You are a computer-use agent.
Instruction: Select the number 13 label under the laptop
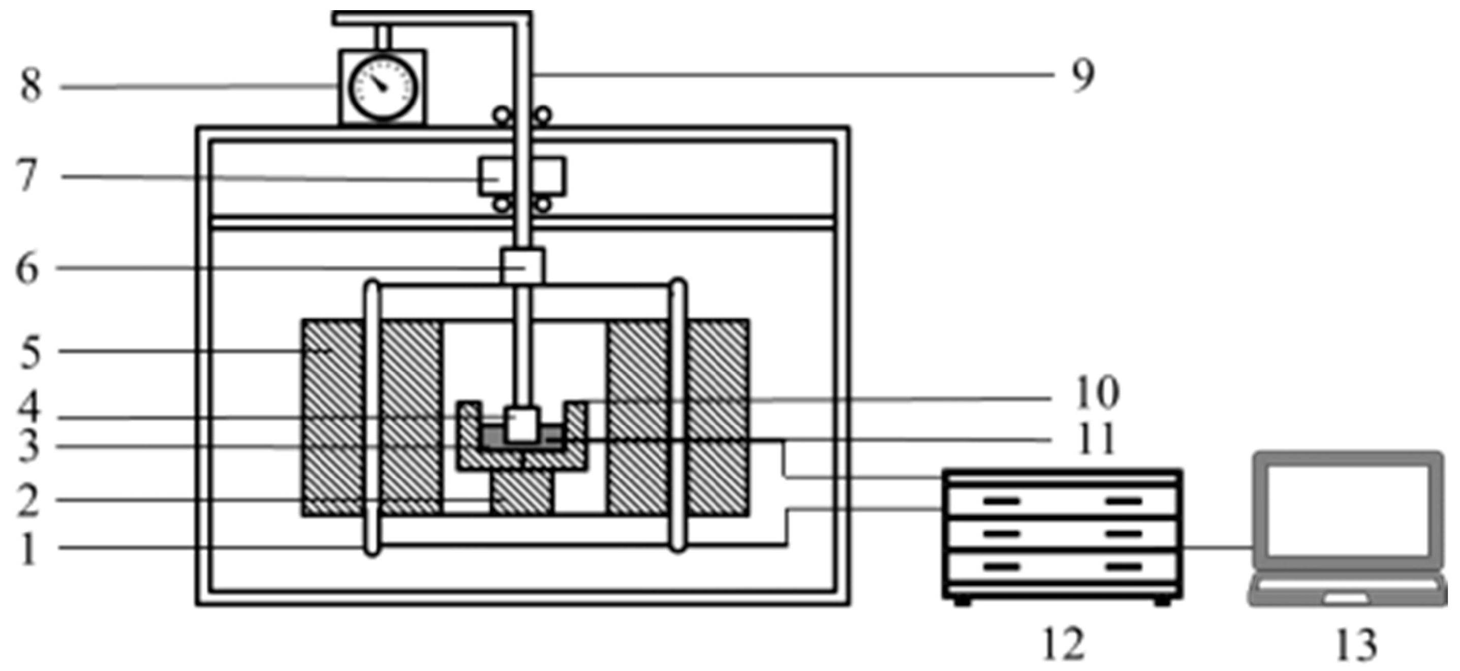coord(1356,645)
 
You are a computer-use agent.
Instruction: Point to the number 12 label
coord(1064,644)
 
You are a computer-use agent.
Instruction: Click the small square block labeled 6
coord(522,266)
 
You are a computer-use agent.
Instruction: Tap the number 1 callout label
coord(28,547)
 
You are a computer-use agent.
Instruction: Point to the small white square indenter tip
coord(522,424)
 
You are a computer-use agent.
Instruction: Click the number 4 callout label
coord(28,407)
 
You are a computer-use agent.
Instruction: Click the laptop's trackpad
coord(1345,598)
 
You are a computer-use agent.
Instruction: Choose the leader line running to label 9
coord(793,75)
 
